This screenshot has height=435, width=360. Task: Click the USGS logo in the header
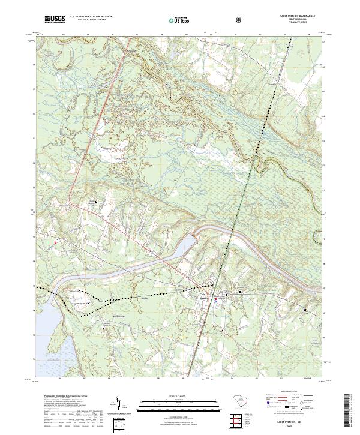(x=54, y=19)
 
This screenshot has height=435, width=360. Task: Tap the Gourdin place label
(x=271, y=85)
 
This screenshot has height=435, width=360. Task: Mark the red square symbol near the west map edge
(x=55, y=242)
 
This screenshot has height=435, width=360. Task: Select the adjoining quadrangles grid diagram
(x=118, y=423)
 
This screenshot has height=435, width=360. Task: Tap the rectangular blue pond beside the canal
(x=187, y=244)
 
